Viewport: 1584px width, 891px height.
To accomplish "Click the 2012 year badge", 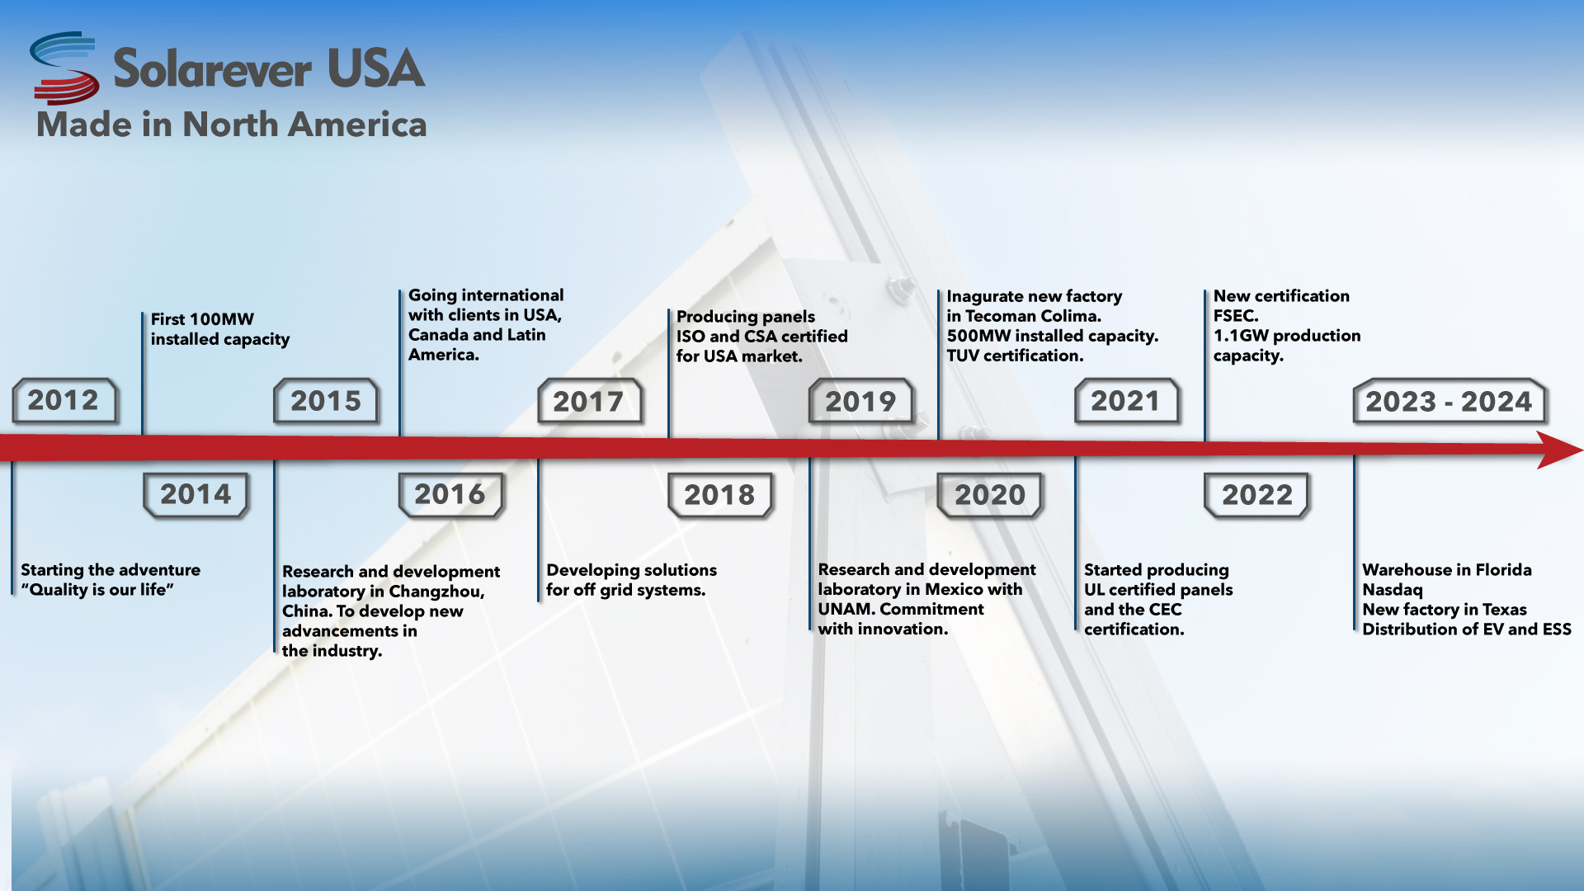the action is (64, 401).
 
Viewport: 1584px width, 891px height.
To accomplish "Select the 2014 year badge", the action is (196, 495).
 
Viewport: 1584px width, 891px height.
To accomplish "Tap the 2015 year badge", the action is (326, 401).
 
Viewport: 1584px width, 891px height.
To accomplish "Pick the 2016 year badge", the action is (450, 495).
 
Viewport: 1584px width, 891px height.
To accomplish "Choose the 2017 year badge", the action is (589, 402).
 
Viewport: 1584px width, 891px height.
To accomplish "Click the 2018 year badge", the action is (720, 495).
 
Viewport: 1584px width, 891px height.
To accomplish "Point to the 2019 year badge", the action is (860, 402).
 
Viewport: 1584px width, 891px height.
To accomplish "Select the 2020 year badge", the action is (990, 495).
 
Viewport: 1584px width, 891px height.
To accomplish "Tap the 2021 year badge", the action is (1126, 402).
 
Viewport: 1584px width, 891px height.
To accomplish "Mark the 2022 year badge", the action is (1257, 495).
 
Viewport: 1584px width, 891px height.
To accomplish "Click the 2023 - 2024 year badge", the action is (1449, 402).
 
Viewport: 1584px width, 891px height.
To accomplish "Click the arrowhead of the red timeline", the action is (1559, 450).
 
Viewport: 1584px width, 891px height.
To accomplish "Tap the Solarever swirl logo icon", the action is (64, 68).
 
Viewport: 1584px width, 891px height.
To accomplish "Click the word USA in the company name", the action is (376, 68).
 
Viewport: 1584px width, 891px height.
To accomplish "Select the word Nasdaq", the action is (1393, 590).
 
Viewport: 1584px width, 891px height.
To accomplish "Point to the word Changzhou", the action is (436, 592).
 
